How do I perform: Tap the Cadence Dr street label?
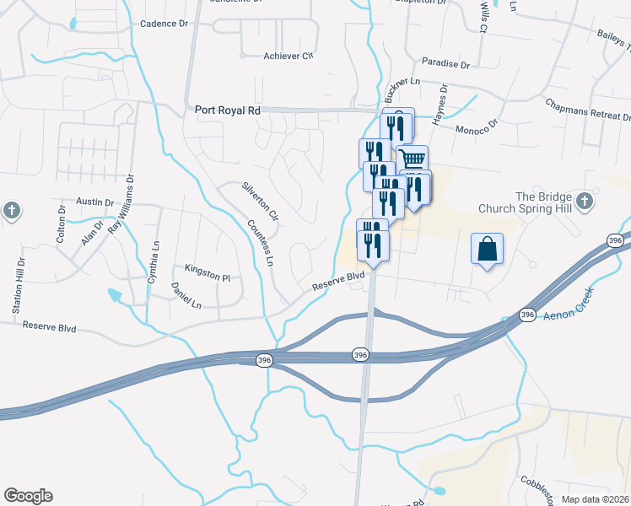click(x=164, y=24)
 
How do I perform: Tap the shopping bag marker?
click(x=488, y=249)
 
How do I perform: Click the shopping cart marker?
click(x=412, y=159)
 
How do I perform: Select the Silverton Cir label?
click(x=260, y=200)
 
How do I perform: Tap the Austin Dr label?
click(x=94, y=202)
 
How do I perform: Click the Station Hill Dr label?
click(x=18, y=287)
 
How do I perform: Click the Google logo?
click(x=28, y=496)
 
